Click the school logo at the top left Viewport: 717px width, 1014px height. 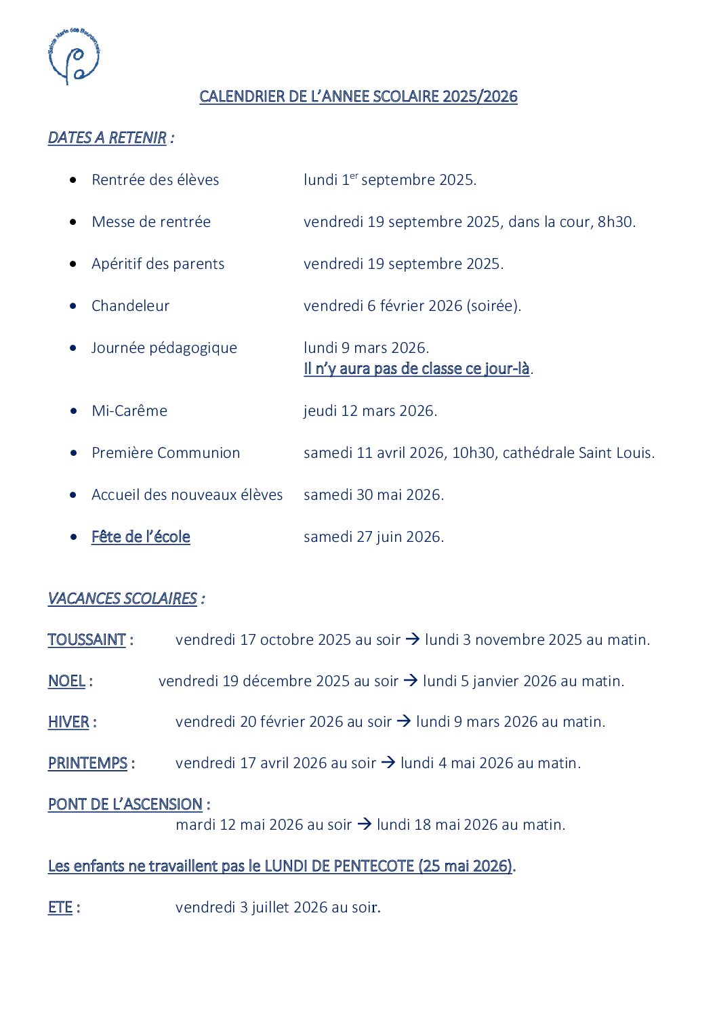coord(75,56)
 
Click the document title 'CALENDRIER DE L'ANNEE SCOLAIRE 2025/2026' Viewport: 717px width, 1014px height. coord(358,96)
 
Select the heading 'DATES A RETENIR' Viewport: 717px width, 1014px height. coord(107,138)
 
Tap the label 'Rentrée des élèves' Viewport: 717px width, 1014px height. coord(155,179)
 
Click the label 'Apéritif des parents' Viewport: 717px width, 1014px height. coord(158,263)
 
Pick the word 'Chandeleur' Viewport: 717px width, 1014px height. coord(130,305)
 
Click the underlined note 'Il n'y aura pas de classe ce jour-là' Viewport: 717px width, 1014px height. coord(416,368)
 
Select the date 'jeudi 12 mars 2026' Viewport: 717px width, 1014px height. coord(369,410)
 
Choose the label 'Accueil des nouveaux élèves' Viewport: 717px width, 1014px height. coord(187,494)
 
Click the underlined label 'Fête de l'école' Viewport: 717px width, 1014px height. coord(140,536)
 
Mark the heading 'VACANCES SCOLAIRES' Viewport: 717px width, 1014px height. coord(122,598)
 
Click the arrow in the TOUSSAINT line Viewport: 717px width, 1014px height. coord(412,639)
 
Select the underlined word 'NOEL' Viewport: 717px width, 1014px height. coord(66,681)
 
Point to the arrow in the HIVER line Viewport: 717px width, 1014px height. coord(403,721)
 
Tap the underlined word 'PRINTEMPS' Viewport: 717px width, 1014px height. coord(87,763)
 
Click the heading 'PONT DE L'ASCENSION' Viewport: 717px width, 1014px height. coord(125,804)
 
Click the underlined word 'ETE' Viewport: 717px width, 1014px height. coord(60,907)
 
